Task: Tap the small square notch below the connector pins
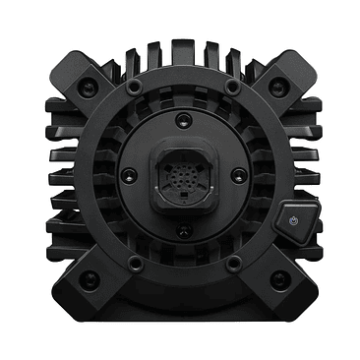tap(183, 196)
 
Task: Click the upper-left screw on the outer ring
tap(133, 89)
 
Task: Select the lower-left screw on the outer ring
tap(135, 264)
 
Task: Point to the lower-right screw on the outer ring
tap(232, 264)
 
